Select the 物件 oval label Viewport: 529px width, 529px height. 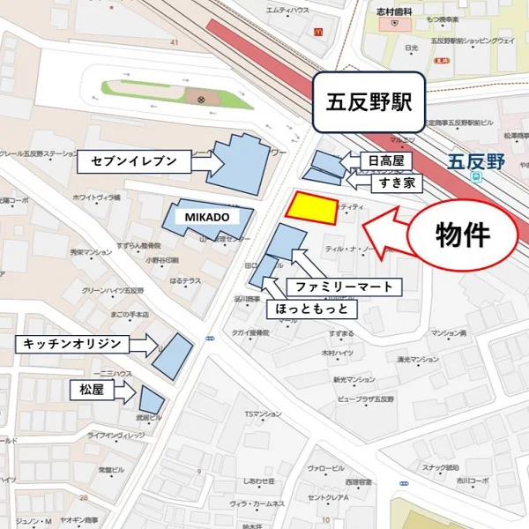[x=463, y=234]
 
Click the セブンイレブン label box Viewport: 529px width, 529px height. [x=134, y=161]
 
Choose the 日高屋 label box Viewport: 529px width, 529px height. [x=386, y=160]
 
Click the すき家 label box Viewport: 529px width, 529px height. [x=386, y=183]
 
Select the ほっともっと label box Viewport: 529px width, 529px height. [x=313, y=309]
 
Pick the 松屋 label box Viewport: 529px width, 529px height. [x=92, y=387]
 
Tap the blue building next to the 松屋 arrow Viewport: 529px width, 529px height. [x=151, y=399]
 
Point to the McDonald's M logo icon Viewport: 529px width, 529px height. [x=317, y=30]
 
